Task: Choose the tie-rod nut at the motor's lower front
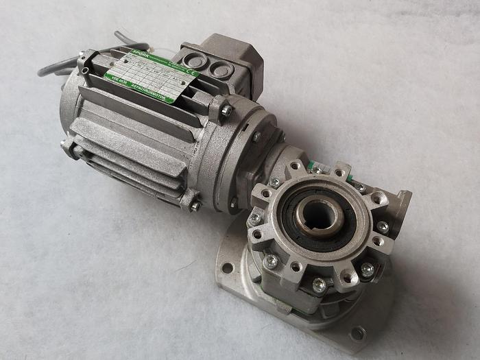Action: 193,204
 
